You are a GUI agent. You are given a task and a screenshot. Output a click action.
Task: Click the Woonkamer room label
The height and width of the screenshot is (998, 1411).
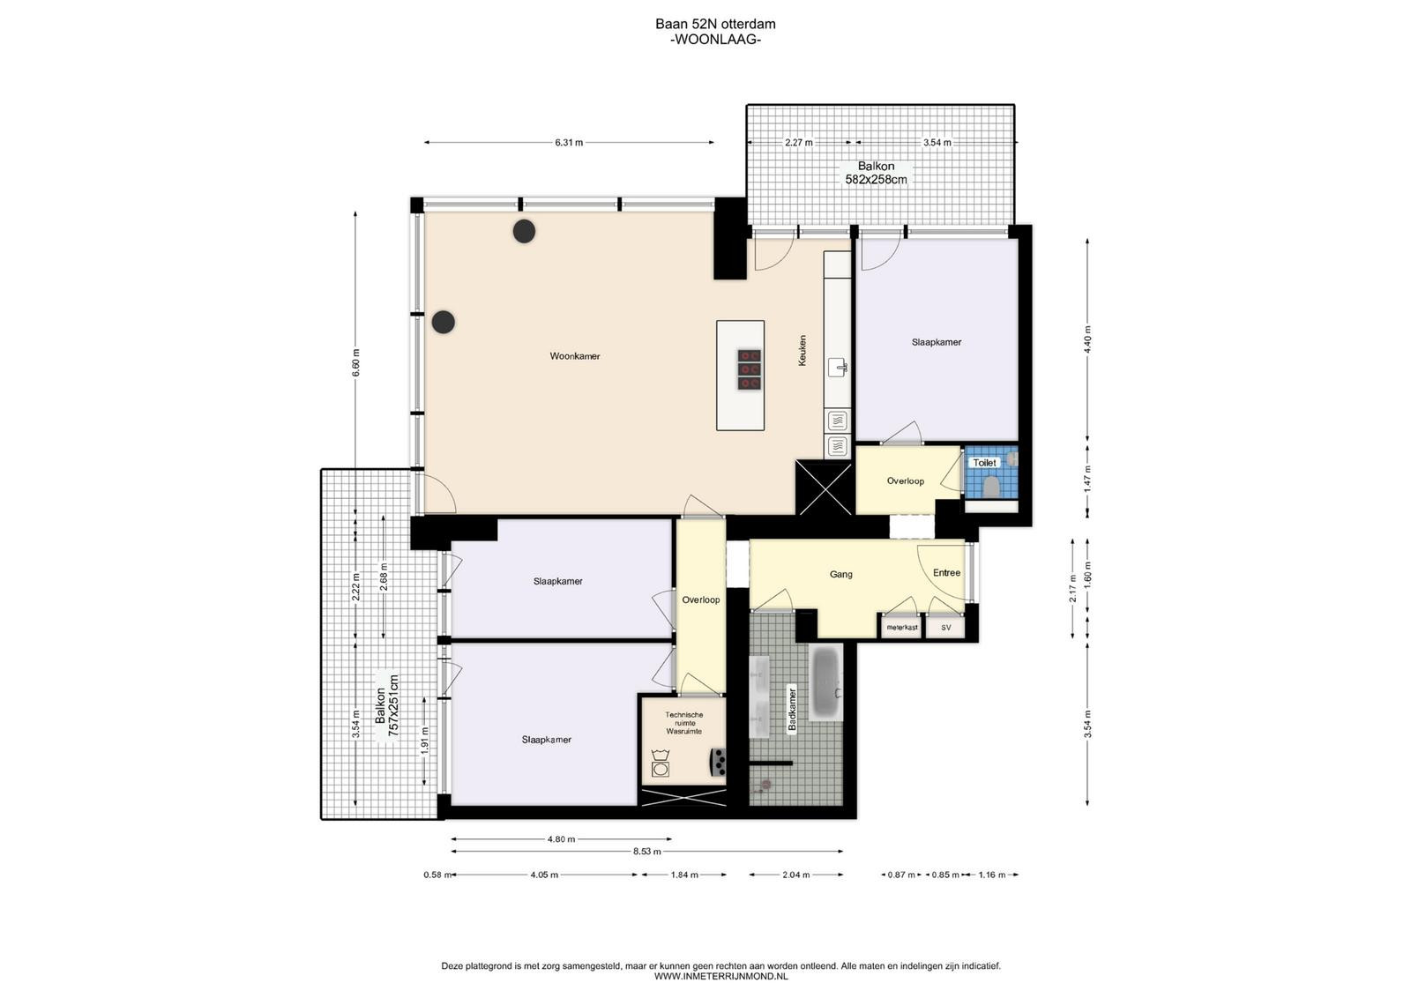tap(574, 356)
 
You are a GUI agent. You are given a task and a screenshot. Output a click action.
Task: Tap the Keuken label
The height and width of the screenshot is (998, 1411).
tap(802, 350)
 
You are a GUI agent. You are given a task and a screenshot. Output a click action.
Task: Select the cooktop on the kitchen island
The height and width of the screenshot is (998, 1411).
tap(750, 369)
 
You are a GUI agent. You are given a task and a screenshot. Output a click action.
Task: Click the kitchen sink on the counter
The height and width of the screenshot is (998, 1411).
tap(838, 367)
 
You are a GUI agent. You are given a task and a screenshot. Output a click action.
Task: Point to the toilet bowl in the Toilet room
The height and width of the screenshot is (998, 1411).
tap(991, 487)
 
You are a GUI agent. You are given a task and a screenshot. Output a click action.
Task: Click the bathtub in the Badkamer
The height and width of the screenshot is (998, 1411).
tap(825, 681)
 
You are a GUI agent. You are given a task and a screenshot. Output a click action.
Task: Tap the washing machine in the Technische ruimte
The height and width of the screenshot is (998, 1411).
tap(661, 763)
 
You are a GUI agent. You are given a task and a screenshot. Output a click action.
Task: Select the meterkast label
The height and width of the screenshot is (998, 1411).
tap(902, 628)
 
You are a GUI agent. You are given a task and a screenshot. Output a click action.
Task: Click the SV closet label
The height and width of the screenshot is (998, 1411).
tap(946, 628)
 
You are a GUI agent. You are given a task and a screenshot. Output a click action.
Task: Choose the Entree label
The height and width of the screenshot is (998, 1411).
tap(947, 572)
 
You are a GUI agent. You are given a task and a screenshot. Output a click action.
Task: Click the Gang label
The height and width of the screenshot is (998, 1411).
tap(841, 574)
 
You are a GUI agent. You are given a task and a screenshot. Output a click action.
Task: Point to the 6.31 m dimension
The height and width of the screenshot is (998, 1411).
tap(569, 143)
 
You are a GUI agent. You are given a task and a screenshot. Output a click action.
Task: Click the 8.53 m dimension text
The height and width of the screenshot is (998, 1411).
tap(647, 852)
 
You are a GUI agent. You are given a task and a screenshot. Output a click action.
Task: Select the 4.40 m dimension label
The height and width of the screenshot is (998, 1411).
tap(1088, 339)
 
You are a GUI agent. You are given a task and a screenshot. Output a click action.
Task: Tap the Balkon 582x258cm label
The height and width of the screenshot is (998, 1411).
tap(876, 173)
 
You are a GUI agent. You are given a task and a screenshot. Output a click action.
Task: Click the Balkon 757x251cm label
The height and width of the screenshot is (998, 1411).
tap(387, 706)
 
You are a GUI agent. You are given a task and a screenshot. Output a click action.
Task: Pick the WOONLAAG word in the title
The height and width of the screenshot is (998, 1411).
tap(715, 40)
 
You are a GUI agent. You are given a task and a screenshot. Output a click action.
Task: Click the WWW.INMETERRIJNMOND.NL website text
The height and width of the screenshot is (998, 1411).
tap(720, 977)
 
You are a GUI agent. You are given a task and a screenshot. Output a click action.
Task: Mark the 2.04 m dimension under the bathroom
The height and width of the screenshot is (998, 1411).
tap(795, 875)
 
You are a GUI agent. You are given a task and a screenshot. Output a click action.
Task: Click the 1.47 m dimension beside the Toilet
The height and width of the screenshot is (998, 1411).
tap(1088, 480)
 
